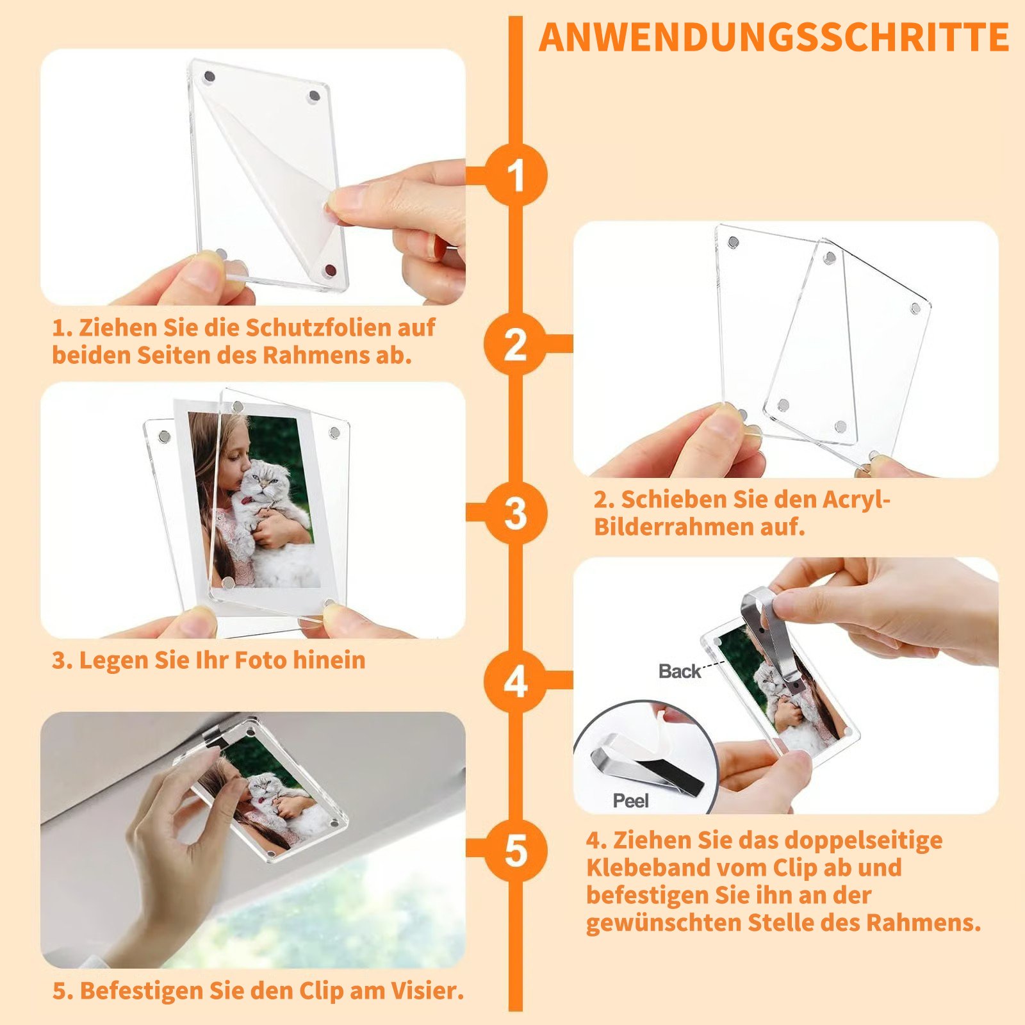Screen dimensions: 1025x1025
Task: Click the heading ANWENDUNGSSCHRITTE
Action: (774, 37)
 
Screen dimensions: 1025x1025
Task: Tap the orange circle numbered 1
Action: (516, 175)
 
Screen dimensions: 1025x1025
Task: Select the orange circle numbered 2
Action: (516, 344)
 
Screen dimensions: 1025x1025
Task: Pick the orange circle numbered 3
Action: (516, 512)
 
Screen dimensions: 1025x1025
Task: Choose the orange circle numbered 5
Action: (516, 850)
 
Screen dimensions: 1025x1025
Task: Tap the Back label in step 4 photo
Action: (680, 671)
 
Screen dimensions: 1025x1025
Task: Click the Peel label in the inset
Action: (631, 801)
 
